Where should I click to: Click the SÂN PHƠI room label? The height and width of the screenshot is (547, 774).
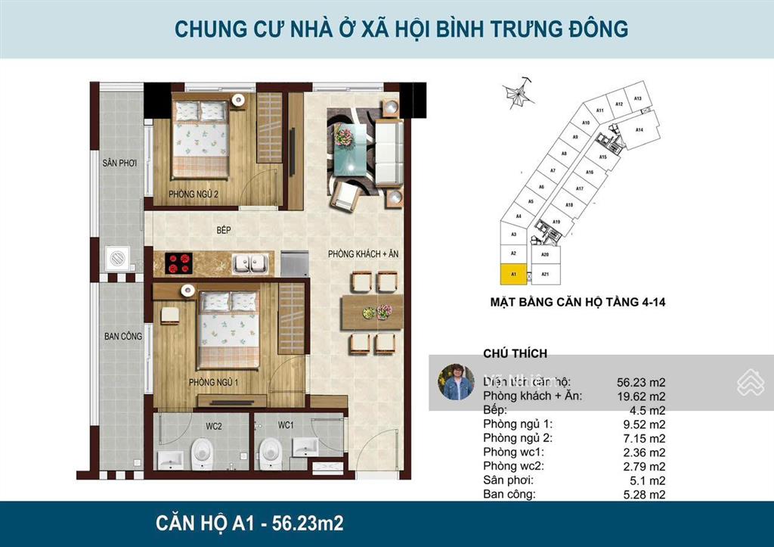point(119,163)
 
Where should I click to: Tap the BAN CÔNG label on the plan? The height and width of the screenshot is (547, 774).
point(123,336)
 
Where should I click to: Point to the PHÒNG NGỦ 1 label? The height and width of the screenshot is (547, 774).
point(214,383)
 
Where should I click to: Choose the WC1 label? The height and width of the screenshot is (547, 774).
point(285,426)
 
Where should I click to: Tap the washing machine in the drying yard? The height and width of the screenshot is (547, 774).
point(120,259)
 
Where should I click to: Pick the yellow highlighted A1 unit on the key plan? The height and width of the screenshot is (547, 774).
point(513,274)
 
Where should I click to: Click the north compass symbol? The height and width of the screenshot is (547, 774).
point(519,94)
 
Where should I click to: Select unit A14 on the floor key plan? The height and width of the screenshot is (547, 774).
point(639,130)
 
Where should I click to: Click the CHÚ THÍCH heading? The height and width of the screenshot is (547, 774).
point(515,353)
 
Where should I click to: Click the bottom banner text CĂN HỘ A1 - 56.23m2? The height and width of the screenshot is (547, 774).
point(249,523)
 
